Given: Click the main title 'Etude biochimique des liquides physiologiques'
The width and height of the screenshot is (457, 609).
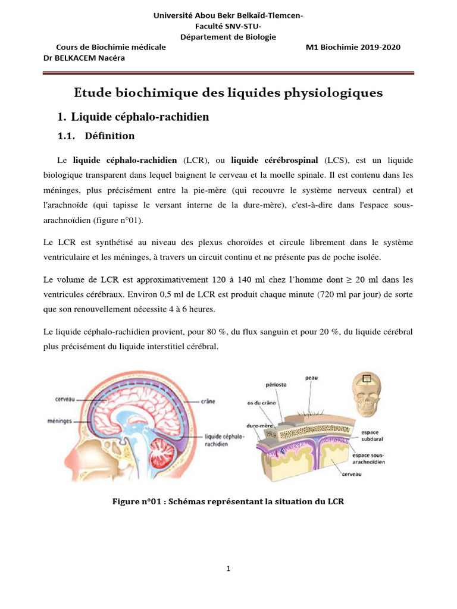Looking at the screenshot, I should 228,93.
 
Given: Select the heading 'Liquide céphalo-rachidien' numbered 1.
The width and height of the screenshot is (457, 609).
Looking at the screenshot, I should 140,117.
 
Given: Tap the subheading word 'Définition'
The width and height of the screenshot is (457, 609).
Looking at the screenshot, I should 109,136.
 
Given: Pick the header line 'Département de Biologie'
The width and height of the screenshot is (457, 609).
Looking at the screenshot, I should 228,37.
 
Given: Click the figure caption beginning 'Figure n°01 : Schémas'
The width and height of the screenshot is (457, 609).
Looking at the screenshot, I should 228,501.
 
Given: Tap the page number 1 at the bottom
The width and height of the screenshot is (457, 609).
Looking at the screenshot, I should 228,569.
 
